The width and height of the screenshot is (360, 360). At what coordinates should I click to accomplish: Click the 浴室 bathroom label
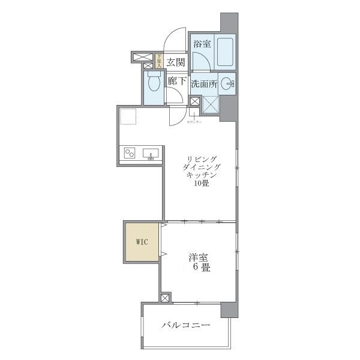coord(202,44)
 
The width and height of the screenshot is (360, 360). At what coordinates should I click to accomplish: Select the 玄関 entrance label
coord(175,61)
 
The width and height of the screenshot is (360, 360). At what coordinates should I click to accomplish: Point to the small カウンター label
coord(194,122)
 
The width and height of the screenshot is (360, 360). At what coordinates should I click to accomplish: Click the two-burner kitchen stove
coord(130,154)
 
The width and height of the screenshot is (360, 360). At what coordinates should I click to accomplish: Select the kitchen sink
coord(151,154)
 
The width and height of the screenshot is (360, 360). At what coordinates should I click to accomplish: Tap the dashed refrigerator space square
coord(128,116)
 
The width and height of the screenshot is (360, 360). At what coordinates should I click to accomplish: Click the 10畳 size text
coord(201,184)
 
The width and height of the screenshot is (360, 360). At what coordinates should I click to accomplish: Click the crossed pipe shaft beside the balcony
coord(166,298)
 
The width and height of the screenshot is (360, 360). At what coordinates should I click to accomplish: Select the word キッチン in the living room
coord(201,175)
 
